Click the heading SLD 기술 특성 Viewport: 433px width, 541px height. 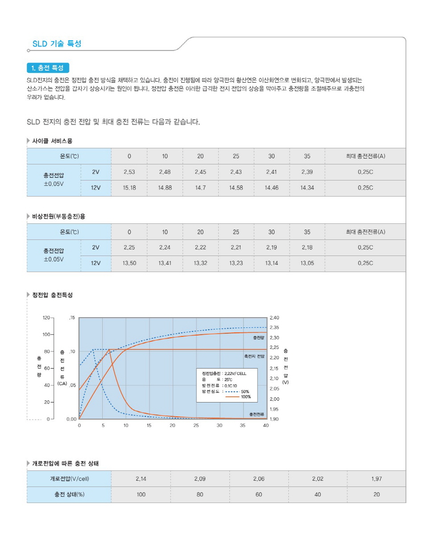57,44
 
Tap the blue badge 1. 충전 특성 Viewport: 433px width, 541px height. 48,68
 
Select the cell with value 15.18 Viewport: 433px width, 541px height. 129,188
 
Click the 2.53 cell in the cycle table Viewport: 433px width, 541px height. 129,172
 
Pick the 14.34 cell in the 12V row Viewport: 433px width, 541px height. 307,188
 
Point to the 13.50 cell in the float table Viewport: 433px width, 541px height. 129,264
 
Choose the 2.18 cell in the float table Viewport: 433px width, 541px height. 307,247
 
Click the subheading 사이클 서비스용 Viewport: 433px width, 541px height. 52,141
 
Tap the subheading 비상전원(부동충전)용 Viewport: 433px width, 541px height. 58,217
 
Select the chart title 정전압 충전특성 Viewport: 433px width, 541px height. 52,295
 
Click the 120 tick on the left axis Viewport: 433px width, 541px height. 46,318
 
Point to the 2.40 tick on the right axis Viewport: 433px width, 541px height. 274,318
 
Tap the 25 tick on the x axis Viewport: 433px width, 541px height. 196,426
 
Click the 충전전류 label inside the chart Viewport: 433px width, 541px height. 257,415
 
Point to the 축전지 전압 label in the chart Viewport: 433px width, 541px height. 254,356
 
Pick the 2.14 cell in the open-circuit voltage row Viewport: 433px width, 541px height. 141,479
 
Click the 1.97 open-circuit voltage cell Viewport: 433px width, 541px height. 376,479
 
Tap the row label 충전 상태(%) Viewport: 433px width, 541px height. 69,495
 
